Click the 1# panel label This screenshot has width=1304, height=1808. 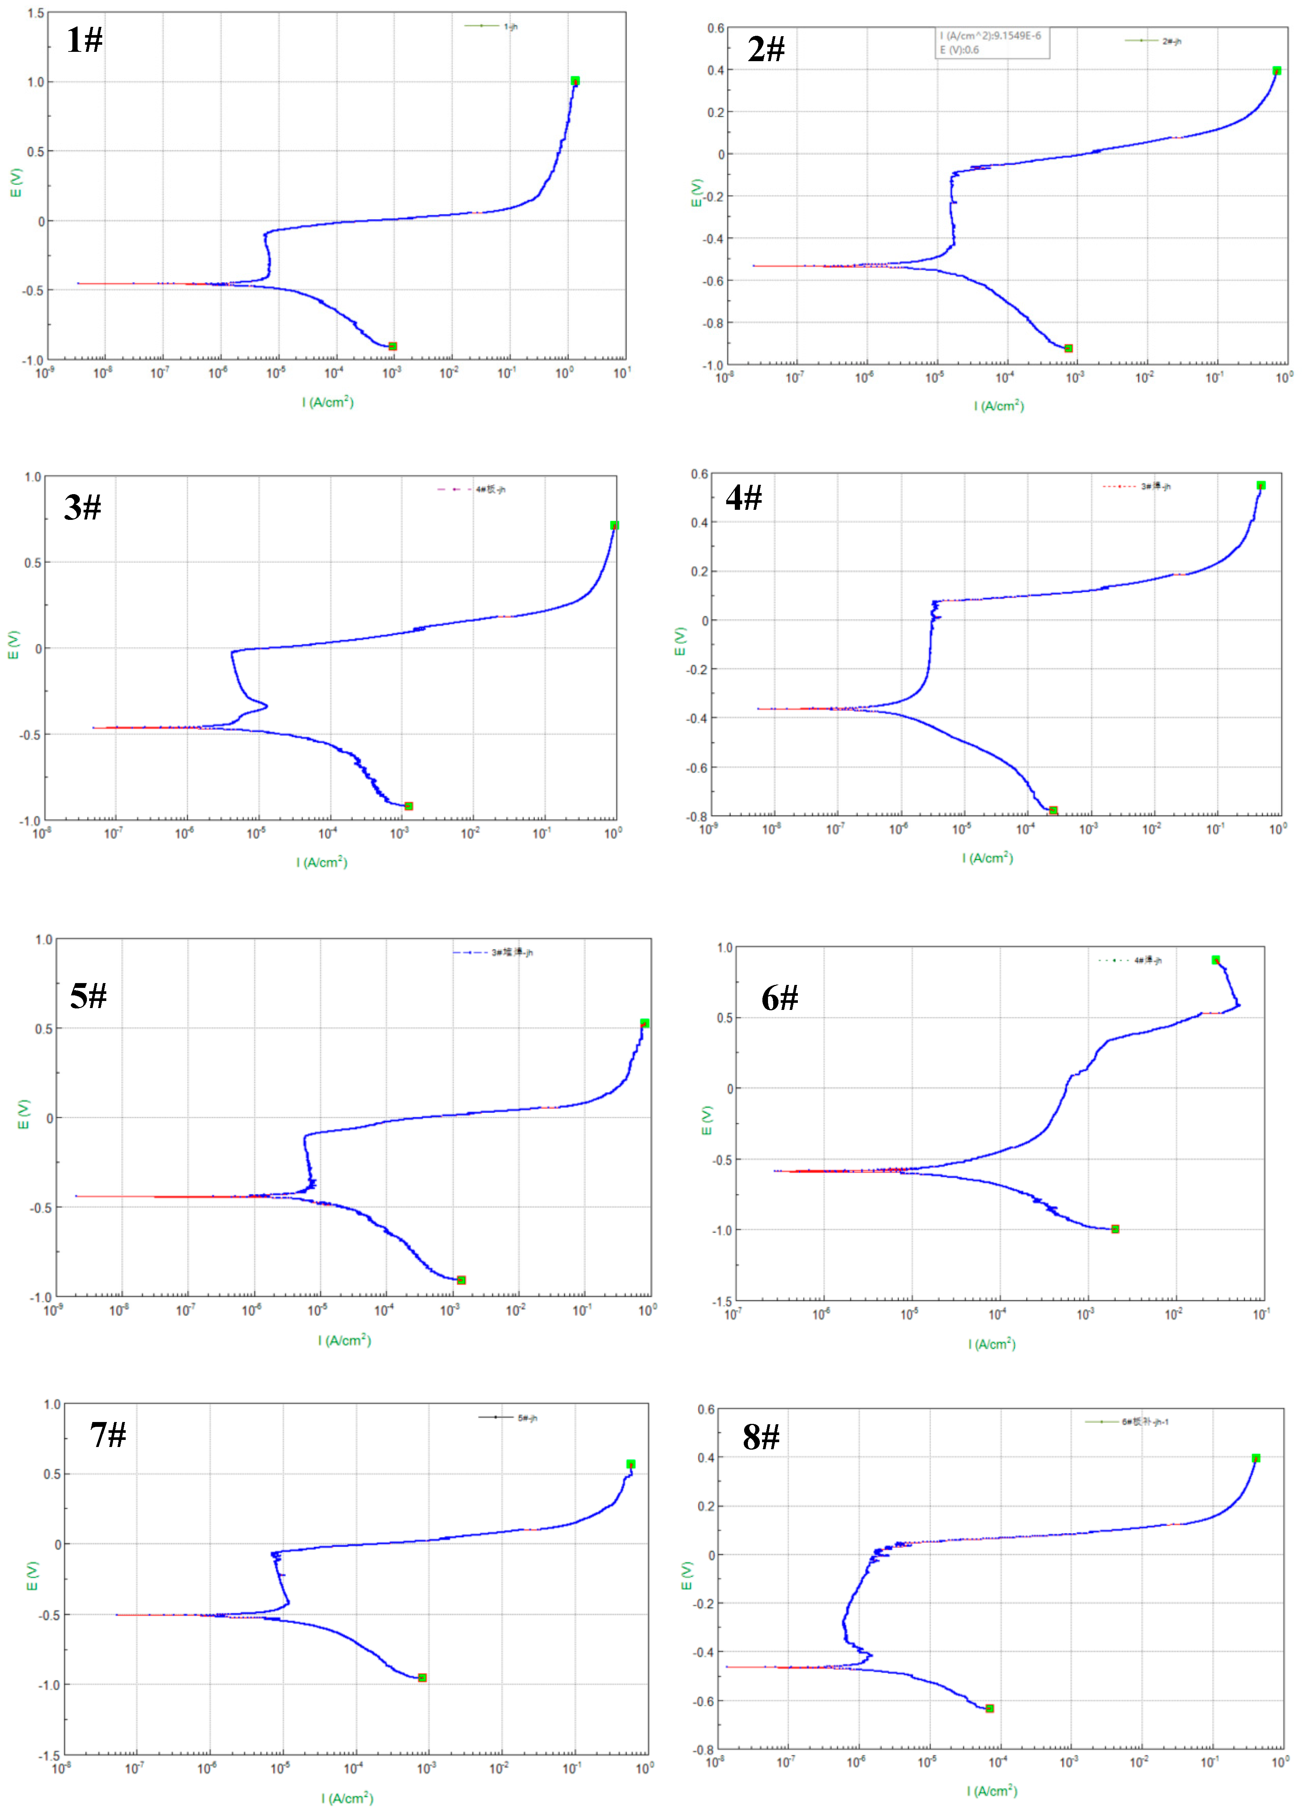tap(85, 40)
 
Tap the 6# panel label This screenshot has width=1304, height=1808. tap(780, 998)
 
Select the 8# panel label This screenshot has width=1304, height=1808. tap(761, 1437)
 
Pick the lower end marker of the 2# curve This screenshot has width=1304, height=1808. tap(1069, 348)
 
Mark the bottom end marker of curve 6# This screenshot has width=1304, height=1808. tap(1115, 1229)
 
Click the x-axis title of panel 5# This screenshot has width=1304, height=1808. tap(344, 1340)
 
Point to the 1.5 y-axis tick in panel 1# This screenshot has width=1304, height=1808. tap(36, 13)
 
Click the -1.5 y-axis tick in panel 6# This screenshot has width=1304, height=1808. tap(722, 1301)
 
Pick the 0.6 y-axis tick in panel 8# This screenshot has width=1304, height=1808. tap(706, 1409)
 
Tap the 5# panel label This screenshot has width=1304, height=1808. tap(88, 996)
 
